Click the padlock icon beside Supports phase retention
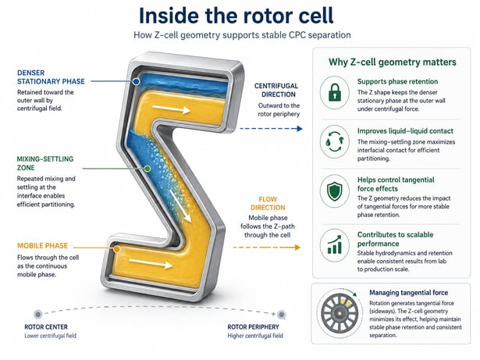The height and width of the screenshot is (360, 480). tap(335, 92)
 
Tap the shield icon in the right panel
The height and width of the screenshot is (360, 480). tap(335, 191)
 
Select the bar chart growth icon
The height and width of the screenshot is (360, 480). tap(335, 244)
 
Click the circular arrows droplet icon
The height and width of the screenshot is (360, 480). tap(335, 141)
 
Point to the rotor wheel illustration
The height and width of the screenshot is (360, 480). tap(340, 313)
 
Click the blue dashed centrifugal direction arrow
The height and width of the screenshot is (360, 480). tap(271, 129)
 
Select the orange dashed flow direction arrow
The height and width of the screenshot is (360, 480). tap(267, 248)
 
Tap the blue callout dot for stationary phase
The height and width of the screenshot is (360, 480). tap(137, 81)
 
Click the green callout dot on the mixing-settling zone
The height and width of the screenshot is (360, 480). tap(148, 169)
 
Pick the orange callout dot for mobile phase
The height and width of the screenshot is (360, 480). tap(116, 249)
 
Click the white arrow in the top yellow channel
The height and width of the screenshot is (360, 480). tap(172, 109)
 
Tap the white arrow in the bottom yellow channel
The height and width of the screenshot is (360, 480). tap(151, 263)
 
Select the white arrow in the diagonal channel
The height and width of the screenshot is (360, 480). tap(180, 206)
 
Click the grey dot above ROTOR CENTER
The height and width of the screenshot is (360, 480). tap(38, 315)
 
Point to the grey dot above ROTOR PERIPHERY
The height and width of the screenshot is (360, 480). tap(281, 315)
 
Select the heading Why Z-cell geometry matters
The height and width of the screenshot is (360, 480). tap(393, 62)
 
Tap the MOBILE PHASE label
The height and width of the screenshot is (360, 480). tap(43, 246)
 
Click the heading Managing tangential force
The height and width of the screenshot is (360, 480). tap(409, 293)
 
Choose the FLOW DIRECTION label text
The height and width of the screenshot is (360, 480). tap(268, 204)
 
